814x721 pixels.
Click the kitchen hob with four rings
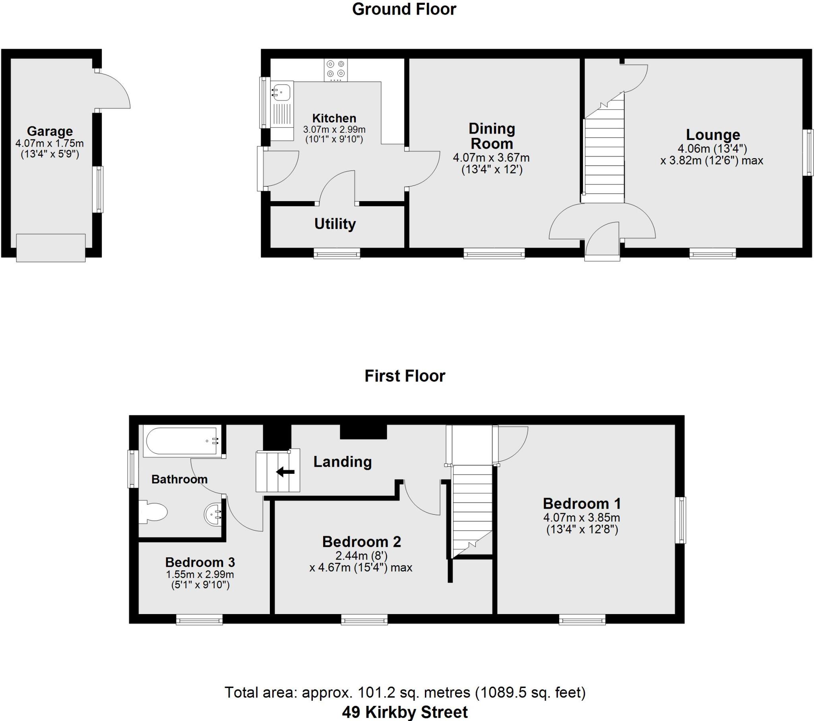pyautogui.click(x=335, y=70)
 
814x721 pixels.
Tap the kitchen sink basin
pyautogui.click(x=282, y=93)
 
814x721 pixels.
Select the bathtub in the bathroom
pyautogui.click(x=182, y=441)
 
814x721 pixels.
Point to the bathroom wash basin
pyautogui.click(x=213, y=515)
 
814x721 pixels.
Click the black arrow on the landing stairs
pyautogui.click(x=285, y=472)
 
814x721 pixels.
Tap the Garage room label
pyautogui.click(x=50, y=131)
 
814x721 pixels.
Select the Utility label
pyautogui.click(x=335, y=224)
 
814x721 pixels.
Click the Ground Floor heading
pyautogui.click(x=404, y=9)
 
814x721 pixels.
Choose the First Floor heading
pyautogui.click(x=405, y=376)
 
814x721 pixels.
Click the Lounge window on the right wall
pyautogui.click(x=808, y=152)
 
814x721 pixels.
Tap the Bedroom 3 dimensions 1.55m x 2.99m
pyautogui.click(x=200, y=574)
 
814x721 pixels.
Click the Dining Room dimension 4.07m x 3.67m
pyautogui.click(x=491, y=158)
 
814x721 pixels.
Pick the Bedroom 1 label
pyautogui.click(x=581, y=504)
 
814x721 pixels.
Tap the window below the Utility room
pyautogui.click(x=337, y=253)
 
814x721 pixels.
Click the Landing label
pyautogui.click(x=343, y=462)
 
